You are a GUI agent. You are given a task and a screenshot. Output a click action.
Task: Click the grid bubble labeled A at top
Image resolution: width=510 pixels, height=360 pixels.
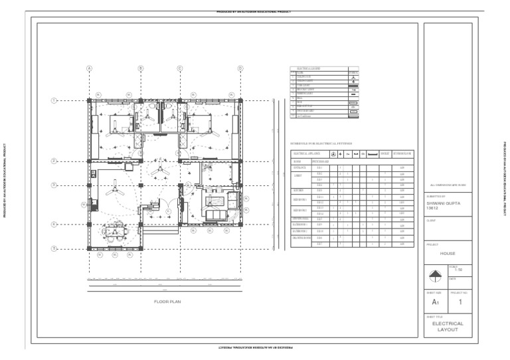click(x=89, y=68)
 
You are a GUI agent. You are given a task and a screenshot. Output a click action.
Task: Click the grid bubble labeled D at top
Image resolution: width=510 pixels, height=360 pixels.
click(x=240, y=68)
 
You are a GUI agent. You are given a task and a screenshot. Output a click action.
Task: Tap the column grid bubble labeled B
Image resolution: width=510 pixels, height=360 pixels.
click(x=141, y=68)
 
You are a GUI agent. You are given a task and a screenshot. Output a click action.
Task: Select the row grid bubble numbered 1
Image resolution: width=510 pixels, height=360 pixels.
click(x=54, y=100)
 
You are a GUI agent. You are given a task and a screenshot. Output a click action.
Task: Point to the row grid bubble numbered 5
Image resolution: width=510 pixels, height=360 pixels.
click(x=54, y=248)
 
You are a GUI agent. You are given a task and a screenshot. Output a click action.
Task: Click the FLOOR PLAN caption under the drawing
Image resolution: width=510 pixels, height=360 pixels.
click(x=167, y=302)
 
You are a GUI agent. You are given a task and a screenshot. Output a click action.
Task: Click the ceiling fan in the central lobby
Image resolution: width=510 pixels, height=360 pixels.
click(x=159, y=171)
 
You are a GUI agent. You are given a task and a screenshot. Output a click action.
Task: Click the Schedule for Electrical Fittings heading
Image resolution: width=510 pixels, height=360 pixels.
click(x=321, y=143)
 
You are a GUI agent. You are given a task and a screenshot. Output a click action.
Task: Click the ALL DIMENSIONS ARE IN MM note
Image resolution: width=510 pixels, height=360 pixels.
click(x=448, y=185)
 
